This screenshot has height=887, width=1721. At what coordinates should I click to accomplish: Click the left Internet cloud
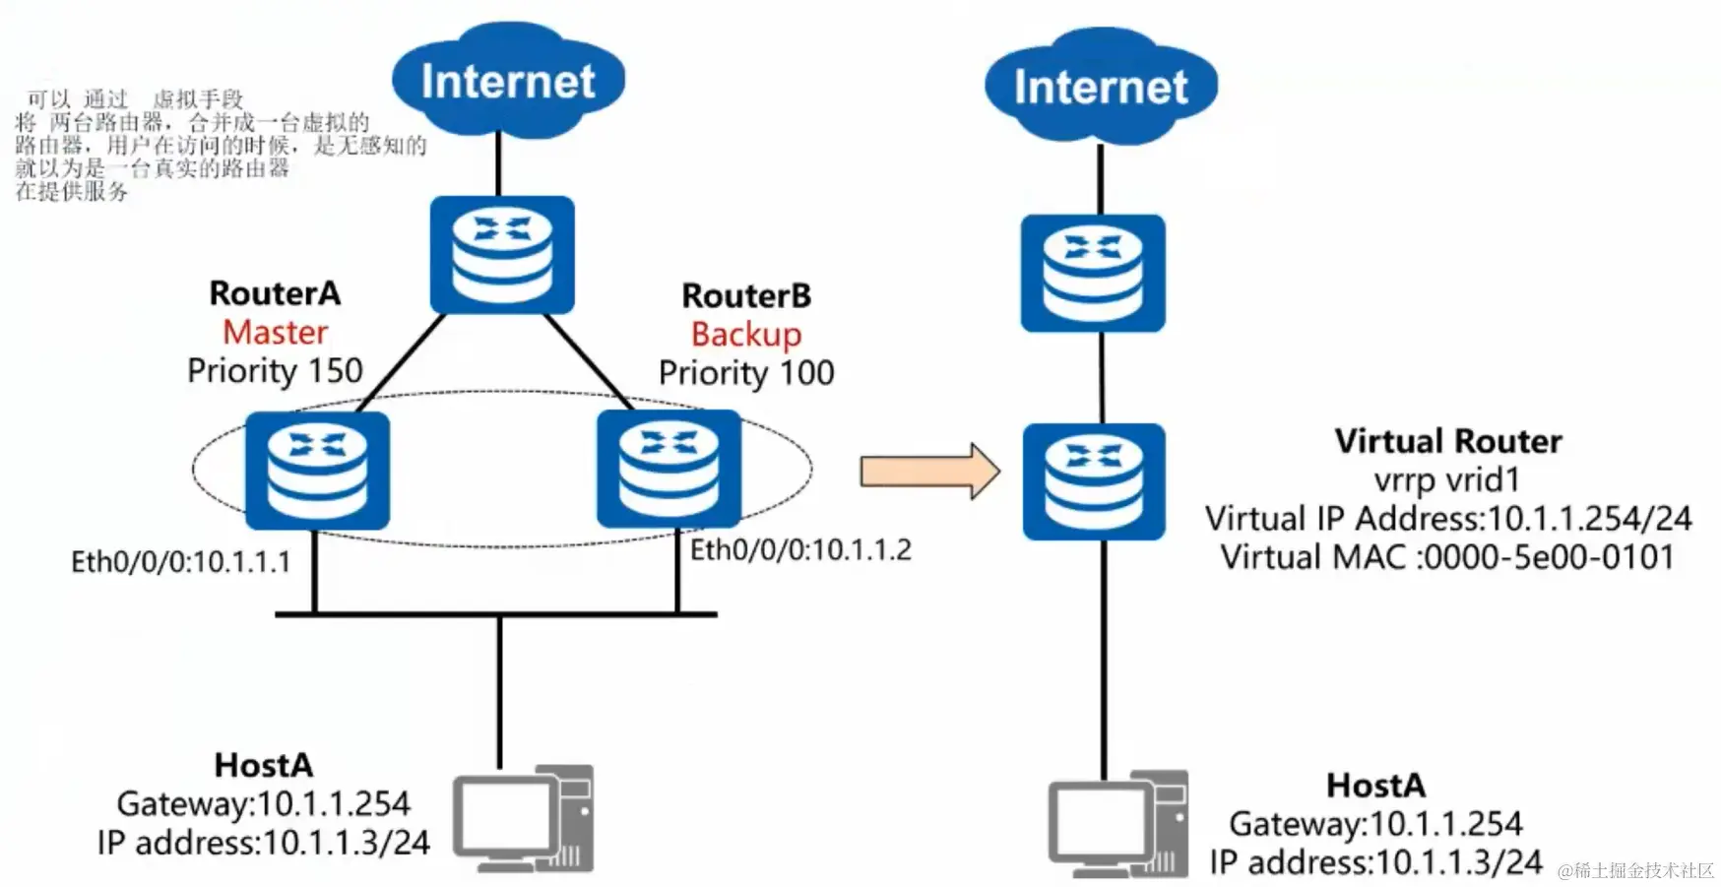click(508, 81)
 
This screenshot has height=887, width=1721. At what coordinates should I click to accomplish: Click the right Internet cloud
click(1101, 87)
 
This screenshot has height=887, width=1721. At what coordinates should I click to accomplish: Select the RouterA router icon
click(317, 471)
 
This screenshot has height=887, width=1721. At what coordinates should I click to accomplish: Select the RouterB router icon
click(669, 469)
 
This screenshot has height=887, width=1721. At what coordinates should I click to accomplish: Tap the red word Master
click(275, 333)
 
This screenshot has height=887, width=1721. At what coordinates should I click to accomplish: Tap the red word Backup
click(746, 335)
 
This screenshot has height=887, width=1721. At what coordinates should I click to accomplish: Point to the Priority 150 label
click(275, 371)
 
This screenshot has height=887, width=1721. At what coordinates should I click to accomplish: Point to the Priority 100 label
click(746, 373)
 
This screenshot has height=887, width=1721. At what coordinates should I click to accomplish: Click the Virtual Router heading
click(1448, 441)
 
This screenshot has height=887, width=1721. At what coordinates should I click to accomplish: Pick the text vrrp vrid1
click(1447, 480)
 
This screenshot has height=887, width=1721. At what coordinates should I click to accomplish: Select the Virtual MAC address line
click(1447, 557)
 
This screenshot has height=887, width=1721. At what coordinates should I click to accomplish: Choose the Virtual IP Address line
click(1447, 519)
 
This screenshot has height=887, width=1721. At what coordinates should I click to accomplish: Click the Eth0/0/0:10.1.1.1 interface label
click(181, 562)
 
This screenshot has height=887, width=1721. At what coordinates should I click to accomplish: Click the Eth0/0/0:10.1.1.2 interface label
click(800, 550)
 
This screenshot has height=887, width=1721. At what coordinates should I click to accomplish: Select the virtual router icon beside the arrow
click(1094, 481)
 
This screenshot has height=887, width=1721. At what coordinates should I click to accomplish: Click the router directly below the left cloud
click(502, 255)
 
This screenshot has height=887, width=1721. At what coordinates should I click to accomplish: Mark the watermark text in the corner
click(1635, 870)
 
